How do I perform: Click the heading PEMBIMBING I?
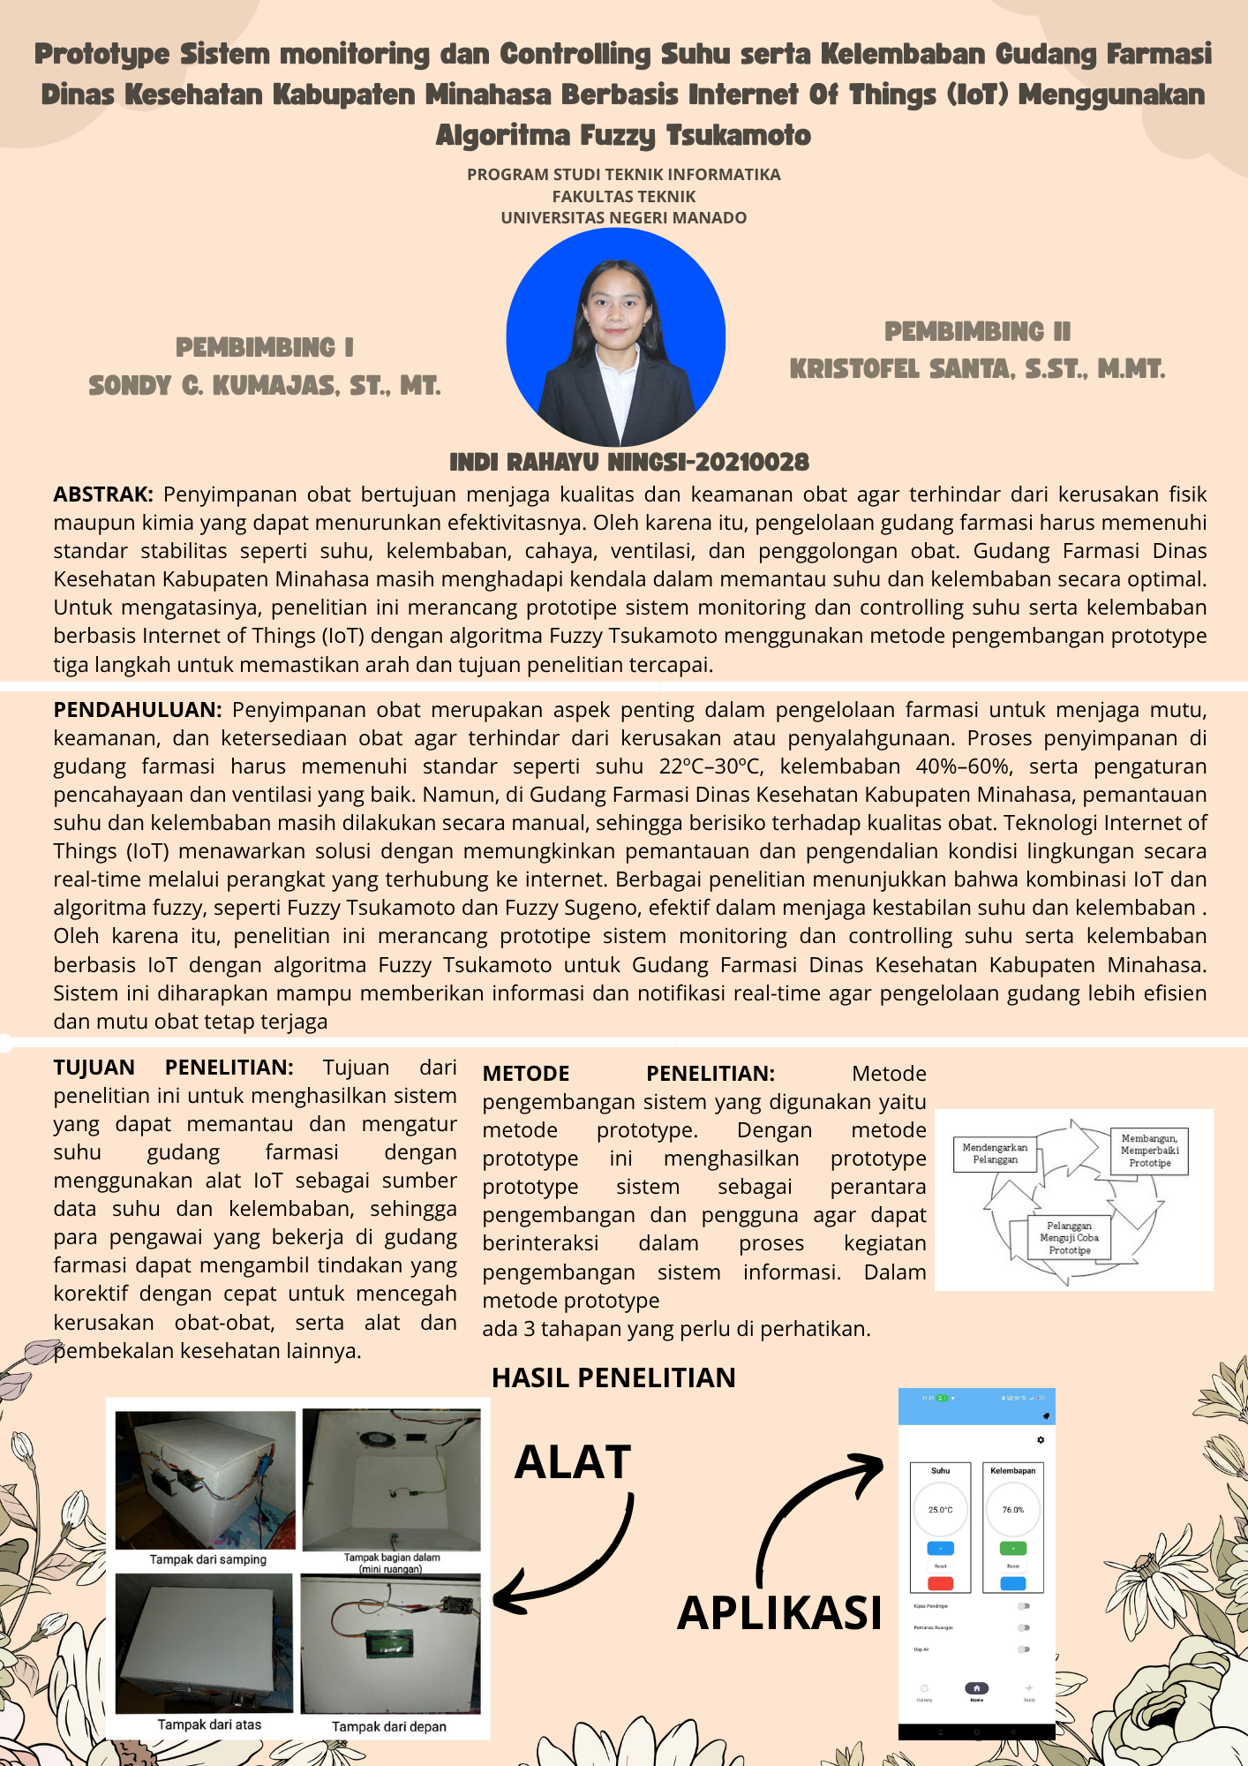point(265,348)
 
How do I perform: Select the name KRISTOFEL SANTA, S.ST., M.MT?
point(977,369)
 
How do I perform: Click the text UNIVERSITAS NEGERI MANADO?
point(623,218)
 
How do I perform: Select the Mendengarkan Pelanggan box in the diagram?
point(995,1154)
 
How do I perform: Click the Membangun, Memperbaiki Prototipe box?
point(1149,1151)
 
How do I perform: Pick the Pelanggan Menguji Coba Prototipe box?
point(1069,1238)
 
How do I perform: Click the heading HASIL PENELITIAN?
point(613,1377)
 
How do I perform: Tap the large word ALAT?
point(573,1462)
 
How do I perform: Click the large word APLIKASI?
point(779,1612)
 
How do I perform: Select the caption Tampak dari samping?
point(208,1559)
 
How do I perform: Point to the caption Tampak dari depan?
point(389,1726)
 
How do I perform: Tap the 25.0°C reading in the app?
point(940,1510)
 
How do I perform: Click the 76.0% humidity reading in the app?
point(1012,1510)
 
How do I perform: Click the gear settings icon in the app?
point(1041,1440)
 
